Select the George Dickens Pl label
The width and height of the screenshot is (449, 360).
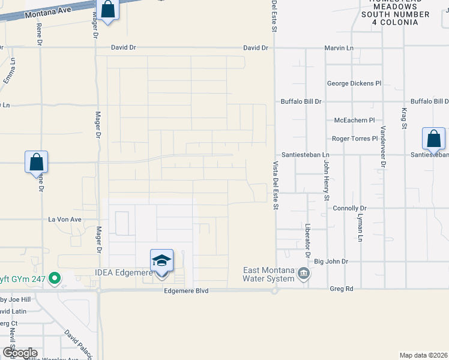(x=354, y=83)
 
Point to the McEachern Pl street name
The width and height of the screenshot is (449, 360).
(x=354, y=120)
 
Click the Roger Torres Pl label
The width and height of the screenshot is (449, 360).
(x=355, y=139)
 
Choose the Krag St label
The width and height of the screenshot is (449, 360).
(x=404, y=118)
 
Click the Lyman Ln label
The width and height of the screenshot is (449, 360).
(x=361, y=228)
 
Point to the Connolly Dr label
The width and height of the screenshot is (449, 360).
(x=349, y=208)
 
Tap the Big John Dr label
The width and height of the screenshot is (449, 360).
(x=331, y=262)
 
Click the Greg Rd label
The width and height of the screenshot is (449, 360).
(x=342, y=289)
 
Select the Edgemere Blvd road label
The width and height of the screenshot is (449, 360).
(x=186, y=290)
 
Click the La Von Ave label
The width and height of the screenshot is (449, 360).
(x=64, y=220)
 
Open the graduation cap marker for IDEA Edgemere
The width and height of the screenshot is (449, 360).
(x=161, y=262)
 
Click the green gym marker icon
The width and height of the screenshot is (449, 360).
(x=55, y=278)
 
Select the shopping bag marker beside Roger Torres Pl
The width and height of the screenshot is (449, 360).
(x=433, y=139)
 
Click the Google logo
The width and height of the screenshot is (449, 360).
(x=20, y=352)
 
